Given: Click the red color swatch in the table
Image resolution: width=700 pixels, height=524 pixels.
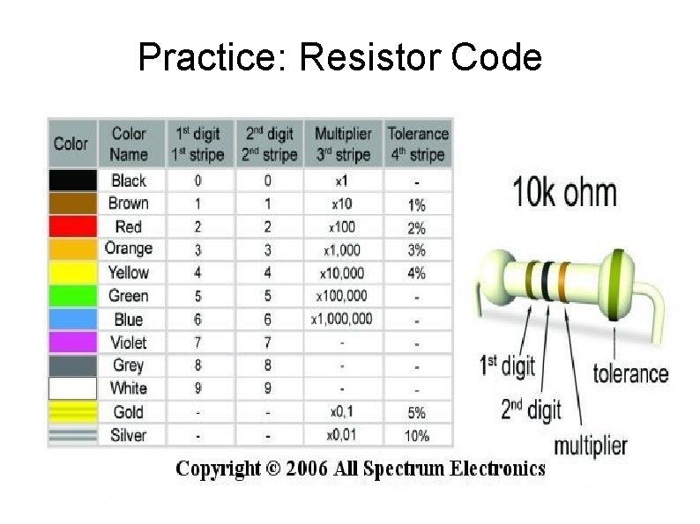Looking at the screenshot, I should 72,226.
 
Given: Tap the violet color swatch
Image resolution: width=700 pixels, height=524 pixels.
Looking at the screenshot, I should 72,342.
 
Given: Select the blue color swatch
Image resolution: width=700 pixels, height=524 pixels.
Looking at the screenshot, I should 72,319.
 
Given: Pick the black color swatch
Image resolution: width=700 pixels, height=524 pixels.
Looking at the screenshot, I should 72,181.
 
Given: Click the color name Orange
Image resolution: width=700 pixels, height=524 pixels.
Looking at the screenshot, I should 128,249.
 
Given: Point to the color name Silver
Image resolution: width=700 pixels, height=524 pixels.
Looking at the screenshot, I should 128,435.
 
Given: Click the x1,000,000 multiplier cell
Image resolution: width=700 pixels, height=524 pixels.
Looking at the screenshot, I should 341,319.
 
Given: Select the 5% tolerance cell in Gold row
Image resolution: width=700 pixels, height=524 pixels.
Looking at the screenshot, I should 416,412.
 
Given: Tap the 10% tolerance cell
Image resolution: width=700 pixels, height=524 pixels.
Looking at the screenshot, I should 416,435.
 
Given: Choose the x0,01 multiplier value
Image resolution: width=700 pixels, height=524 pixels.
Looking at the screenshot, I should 341,435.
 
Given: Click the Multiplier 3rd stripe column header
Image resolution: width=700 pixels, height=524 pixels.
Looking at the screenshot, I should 342,144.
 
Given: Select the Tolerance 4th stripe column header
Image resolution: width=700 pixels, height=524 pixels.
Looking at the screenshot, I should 418,144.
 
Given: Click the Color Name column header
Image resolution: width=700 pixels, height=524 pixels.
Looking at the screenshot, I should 129,144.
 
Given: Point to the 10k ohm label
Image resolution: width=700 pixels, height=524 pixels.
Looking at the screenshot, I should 564,193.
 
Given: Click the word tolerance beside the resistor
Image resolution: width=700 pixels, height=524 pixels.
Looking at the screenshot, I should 629,373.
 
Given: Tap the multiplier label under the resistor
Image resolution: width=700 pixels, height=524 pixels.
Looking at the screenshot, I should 590,445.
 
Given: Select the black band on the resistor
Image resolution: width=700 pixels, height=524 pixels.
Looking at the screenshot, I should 547,283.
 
